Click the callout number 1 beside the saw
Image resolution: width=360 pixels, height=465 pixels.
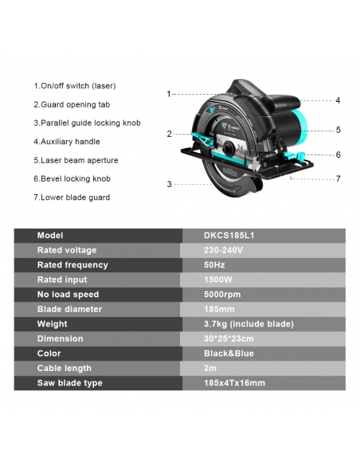[169, 94]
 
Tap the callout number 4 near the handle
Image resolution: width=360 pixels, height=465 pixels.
[338, 100]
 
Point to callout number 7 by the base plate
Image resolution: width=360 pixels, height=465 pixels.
[338, 178]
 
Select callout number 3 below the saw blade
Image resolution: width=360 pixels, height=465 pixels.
[169, 184]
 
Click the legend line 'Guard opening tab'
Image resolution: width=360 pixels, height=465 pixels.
[72, 104]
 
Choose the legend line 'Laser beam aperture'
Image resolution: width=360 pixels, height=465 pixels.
[76, 160]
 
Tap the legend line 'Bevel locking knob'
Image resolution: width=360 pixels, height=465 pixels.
[72, 179]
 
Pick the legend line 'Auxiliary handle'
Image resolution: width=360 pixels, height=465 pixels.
[67, 142]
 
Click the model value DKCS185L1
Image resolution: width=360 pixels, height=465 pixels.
[229, 236]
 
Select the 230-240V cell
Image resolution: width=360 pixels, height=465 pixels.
[223, 250]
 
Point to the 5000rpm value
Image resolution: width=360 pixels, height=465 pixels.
[222, 295]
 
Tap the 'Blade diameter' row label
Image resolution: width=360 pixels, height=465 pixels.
[69, 309]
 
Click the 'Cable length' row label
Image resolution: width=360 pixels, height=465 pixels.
[65, 369]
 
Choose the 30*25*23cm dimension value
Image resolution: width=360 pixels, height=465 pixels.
[229, 338]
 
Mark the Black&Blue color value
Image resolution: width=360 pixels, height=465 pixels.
[229, 354]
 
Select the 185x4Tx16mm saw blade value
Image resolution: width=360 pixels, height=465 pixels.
[234, 383]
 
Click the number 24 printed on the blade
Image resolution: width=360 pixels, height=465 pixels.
[240, 147]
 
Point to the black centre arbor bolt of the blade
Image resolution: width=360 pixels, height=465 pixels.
[228, 148]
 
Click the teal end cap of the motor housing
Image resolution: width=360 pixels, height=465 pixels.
[301, 124]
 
